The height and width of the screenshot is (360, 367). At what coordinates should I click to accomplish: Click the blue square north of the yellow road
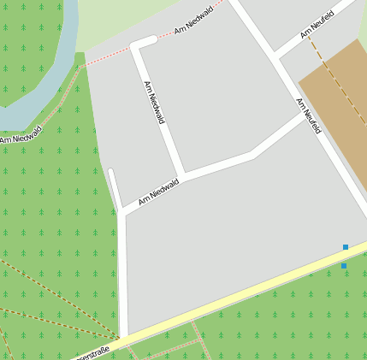(346, 247)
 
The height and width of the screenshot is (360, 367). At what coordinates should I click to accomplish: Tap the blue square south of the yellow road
(344, 266)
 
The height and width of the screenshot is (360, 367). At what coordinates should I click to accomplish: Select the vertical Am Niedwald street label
(154, 103)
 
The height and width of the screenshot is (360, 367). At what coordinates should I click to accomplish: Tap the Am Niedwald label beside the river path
(21, 135)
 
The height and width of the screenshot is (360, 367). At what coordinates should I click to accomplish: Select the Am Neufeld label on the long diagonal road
(309, 116)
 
